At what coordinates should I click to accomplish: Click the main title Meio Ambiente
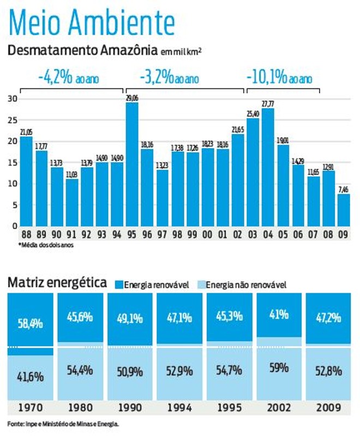[x=92, y=23]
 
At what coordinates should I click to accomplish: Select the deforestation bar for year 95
[x=132, y=164]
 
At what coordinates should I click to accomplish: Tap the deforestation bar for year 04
[x=268, y=167]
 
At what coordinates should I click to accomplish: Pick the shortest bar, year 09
[x=343, y=210]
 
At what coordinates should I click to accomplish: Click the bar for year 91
[x=71, y=202]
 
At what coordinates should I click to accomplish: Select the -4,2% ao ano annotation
[x=69, y=78]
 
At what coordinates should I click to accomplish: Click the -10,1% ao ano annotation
[x=279, y=78]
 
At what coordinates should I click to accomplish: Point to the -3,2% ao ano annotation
[x=169, y=78]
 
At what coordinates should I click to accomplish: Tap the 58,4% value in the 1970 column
[x=30, y=323]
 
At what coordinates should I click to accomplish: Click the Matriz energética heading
[x=57, y=283]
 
